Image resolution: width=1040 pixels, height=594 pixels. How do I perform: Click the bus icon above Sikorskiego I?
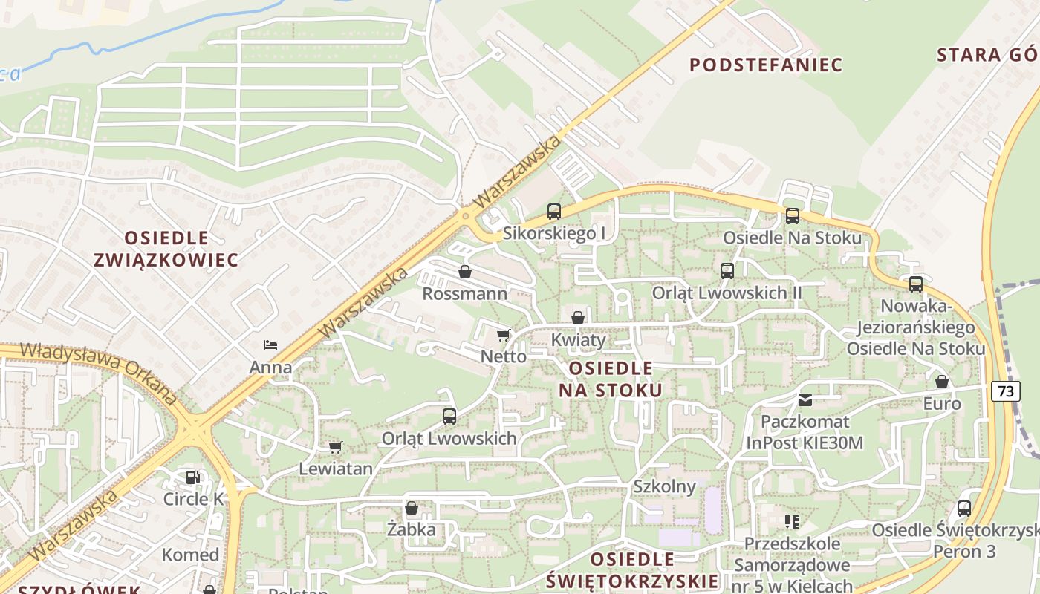554,212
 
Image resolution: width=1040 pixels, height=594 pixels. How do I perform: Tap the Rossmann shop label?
465,294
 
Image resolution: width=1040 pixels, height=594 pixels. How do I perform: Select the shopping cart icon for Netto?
504,336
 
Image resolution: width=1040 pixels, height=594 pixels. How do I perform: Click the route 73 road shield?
1004,391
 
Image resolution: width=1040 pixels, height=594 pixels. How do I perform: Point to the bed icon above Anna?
270,345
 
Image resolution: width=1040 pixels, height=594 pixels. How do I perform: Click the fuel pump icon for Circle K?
192,477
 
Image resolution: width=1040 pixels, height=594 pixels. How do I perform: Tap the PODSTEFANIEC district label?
766,65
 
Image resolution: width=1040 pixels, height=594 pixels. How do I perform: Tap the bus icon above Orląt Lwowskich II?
727,271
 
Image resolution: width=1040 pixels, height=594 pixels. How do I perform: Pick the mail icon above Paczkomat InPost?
805,400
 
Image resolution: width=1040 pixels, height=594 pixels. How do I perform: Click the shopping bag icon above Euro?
942,382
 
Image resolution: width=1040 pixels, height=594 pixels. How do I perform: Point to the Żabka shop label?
412,530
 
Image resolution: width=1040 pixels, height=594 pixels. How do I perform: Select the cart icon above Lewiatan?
335,448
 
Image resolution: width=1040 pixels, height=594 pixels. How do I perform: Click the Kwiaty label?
579,340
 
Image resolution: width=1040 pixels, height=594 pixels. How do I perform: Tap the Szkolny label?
664,487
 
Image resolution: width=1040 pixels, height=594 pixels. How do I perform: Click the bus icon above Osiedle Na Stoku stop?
793,216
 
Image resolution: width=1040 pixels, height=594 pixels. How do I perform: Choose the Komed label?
190,555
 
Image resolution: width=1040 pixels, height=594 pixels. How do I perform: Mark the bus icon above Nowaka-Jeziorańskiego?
916,284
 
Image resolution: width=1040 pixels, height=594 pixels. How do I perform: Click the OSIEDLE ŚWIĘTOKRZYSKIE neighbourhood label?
632,569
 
